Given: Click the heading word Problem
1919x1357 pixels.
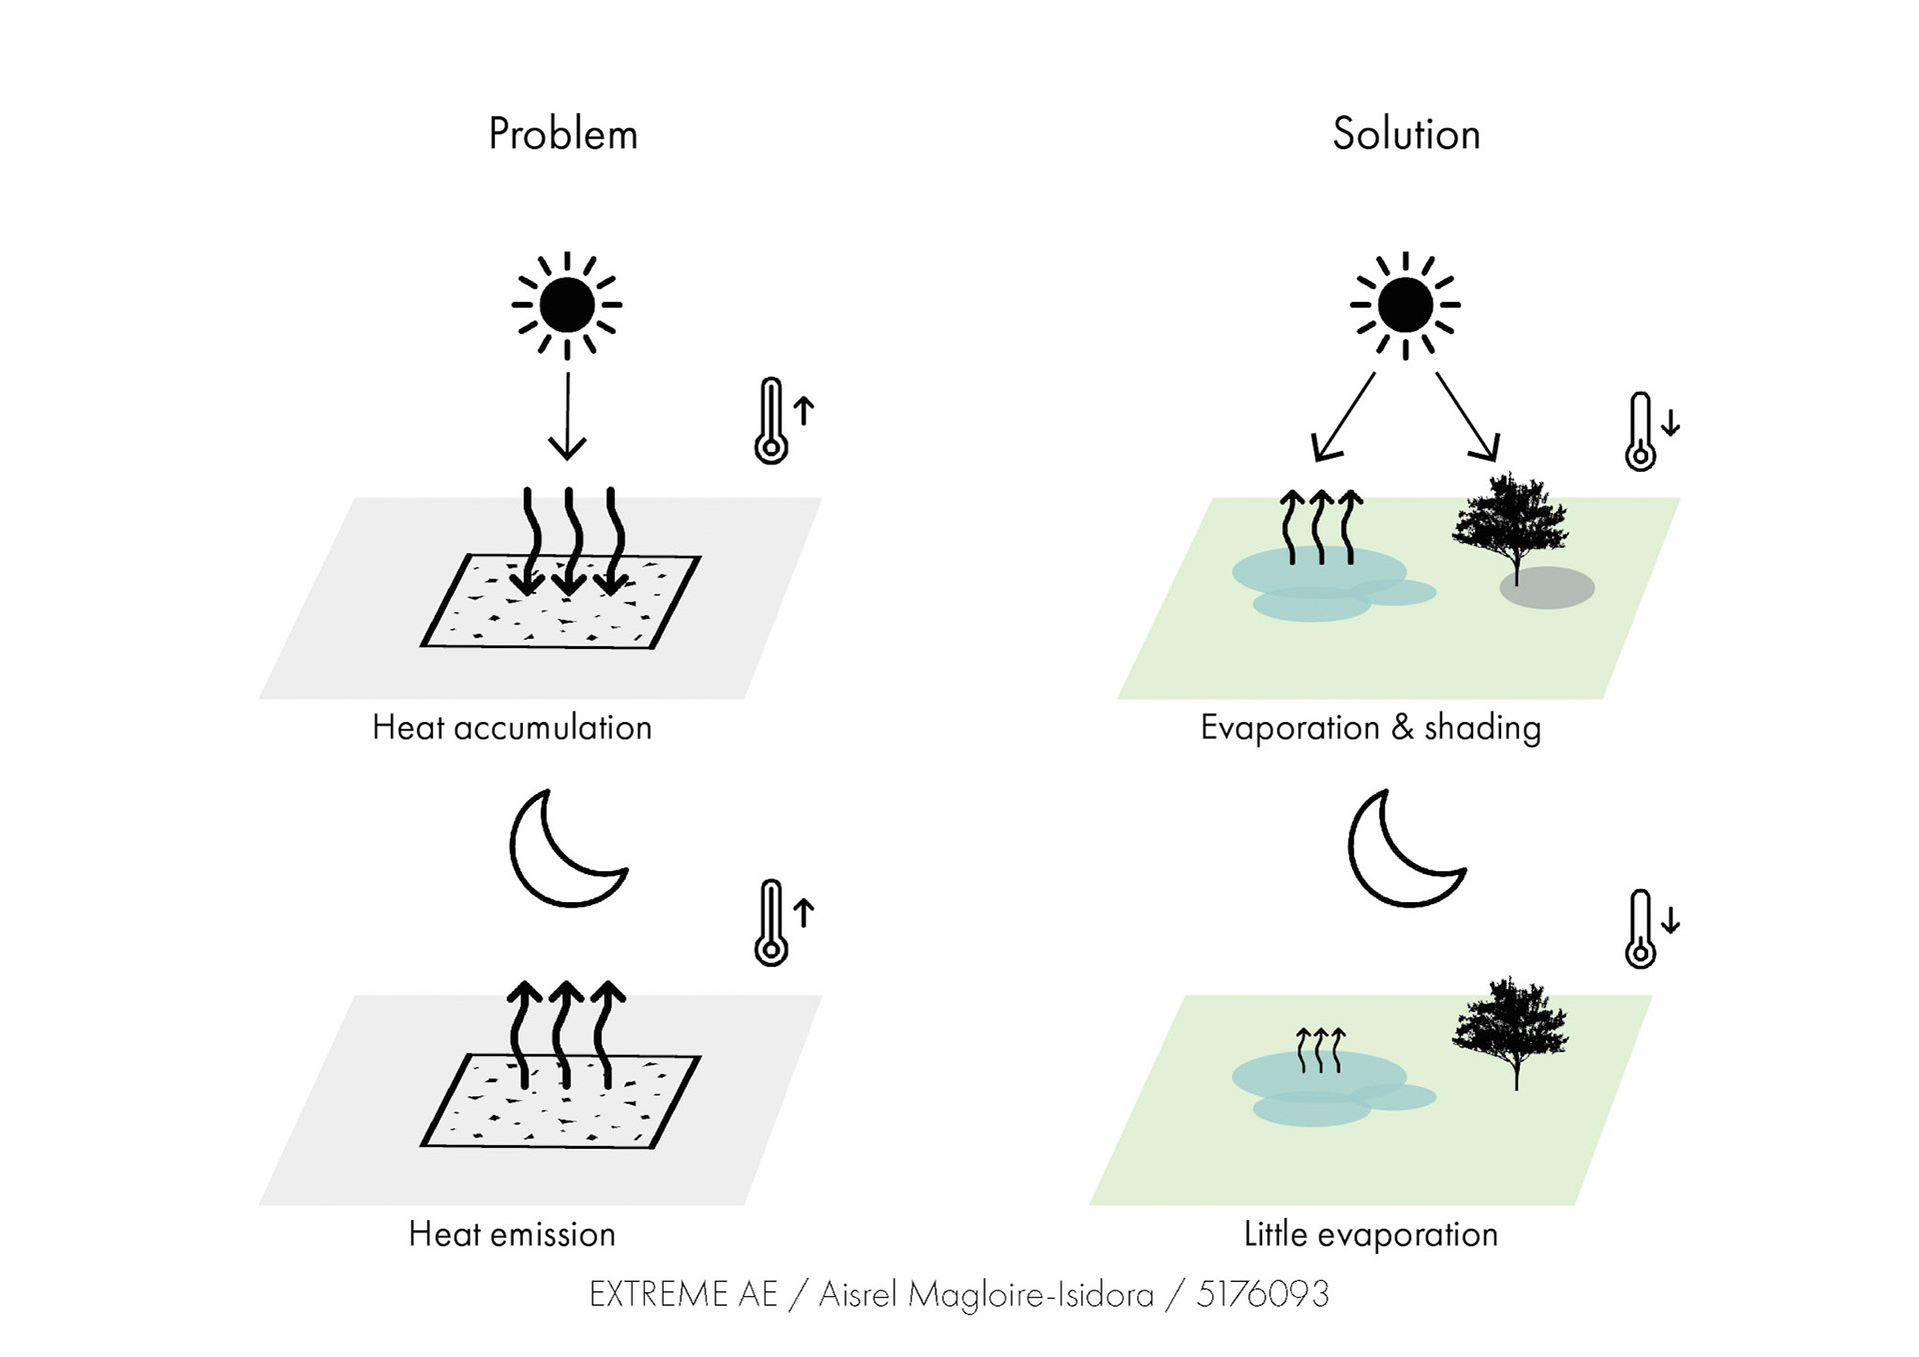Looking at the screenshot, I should [x=563, y=135].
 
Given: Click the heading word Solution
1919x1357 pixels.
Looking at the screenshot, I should [x=1405, y=135].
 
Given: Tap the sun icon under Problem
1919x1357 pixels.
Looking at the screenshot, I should [x=567, y=305].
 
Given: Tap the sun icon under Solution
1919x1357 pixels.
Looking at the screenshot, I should [x=1404, y=305].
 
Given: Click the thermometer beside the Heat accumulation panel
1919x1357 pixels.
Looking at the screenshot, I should [x=771, y=421].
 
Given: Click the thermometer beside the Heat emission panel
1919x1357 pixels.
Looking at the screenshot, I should [x=771, y=923].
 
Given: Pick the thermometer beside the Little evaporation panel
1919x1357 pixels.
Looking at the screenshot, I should [x=1640, y=929].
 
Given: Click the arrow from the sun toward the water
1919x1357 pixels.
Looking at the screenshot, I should [x=1344, y=416].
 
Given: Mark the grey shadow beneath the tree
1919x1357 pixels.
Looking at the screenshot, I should [x=1547, y=588].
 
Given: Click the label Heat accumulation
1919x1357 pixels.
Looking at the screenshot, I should [x=512, y=728].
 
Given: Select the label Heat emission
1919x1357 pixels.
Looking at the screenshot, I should [x=512, y=1235].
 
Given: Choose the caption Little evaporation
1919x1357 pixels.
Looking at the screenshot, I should [x=1370, y=1235].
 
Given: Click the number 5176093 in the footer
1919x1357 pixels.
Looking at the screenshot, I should [x=1262, y=1295].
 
